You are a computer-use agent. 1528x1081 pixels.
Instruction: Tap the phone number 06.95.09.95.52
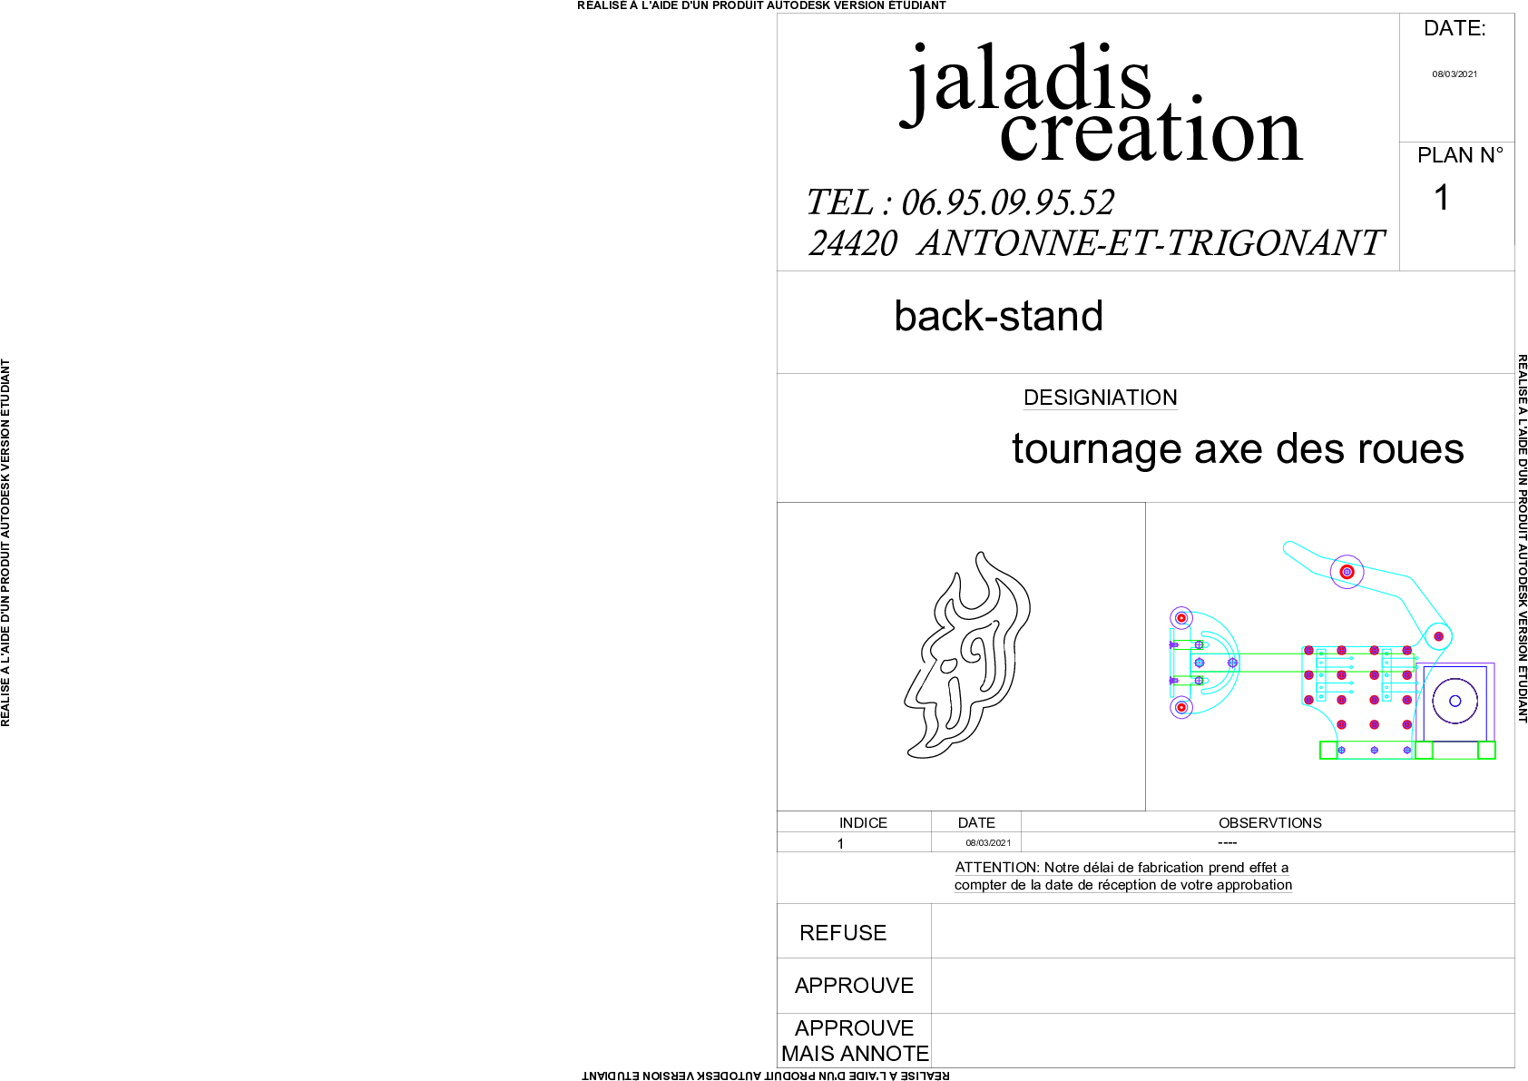point(1008,202)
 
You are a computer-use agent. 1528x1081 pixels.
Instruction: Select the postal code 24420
point(853,243)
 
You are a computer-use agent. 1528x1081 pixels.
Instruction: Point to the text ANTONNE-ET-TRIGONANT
point(1151,243)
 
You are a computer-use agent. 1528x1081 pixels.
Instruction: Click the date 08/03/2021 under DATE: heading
point(1455,74)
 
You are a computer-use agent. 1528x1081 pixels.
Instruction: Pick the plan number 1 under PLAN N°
point(1442,197)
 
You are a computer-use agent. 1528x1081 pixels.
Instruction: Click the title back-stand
point(999,316)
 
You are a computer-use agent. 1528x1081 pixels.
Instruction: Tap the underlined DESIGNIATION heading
point(1101,398)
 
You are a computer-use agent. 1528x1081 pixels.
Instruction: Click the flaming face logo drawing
point(967,655)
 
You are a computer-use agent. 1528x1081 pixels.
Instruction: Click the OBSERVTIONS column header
point(1270,823)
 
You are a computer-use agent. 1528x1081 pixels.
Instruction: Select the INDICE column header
point(863,823)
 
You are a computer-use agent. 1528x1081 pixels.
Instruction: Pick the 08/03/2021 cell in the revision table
point(988,843)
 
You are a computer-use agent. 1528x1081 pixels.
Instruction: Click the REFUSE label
point(842,933)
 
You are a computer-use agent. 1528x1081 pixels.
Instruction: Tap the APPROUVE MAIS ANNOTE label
point(855,1041)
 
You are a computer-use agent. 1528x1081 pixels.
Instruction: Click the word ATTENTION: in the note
point(997,868)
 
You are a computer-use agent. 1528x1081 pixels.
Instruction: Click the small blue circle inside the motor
point(1455,701)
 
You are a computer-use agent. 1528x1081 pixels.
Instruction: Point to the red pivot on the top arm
point(1347,572)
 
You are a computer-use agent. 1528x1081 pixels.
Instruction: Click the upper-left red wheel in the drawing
point(1181,618)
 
